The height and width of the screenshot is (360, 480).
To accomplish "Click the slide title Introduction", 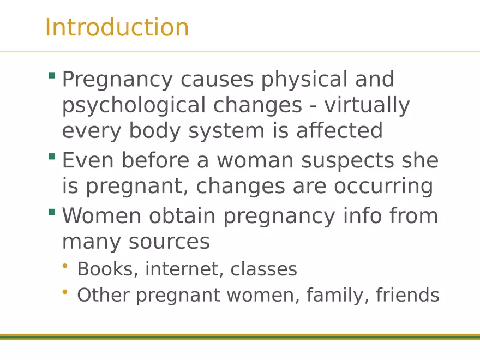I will coord(117,27).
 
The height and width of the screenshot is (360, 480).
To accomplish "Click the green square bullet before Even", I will coord(52,157).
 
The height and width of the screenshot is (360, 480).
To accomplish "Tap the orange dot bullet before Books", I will coord(65,266).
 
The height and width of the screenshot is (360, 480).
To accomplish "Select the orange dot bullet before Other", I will coord(65,292).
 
